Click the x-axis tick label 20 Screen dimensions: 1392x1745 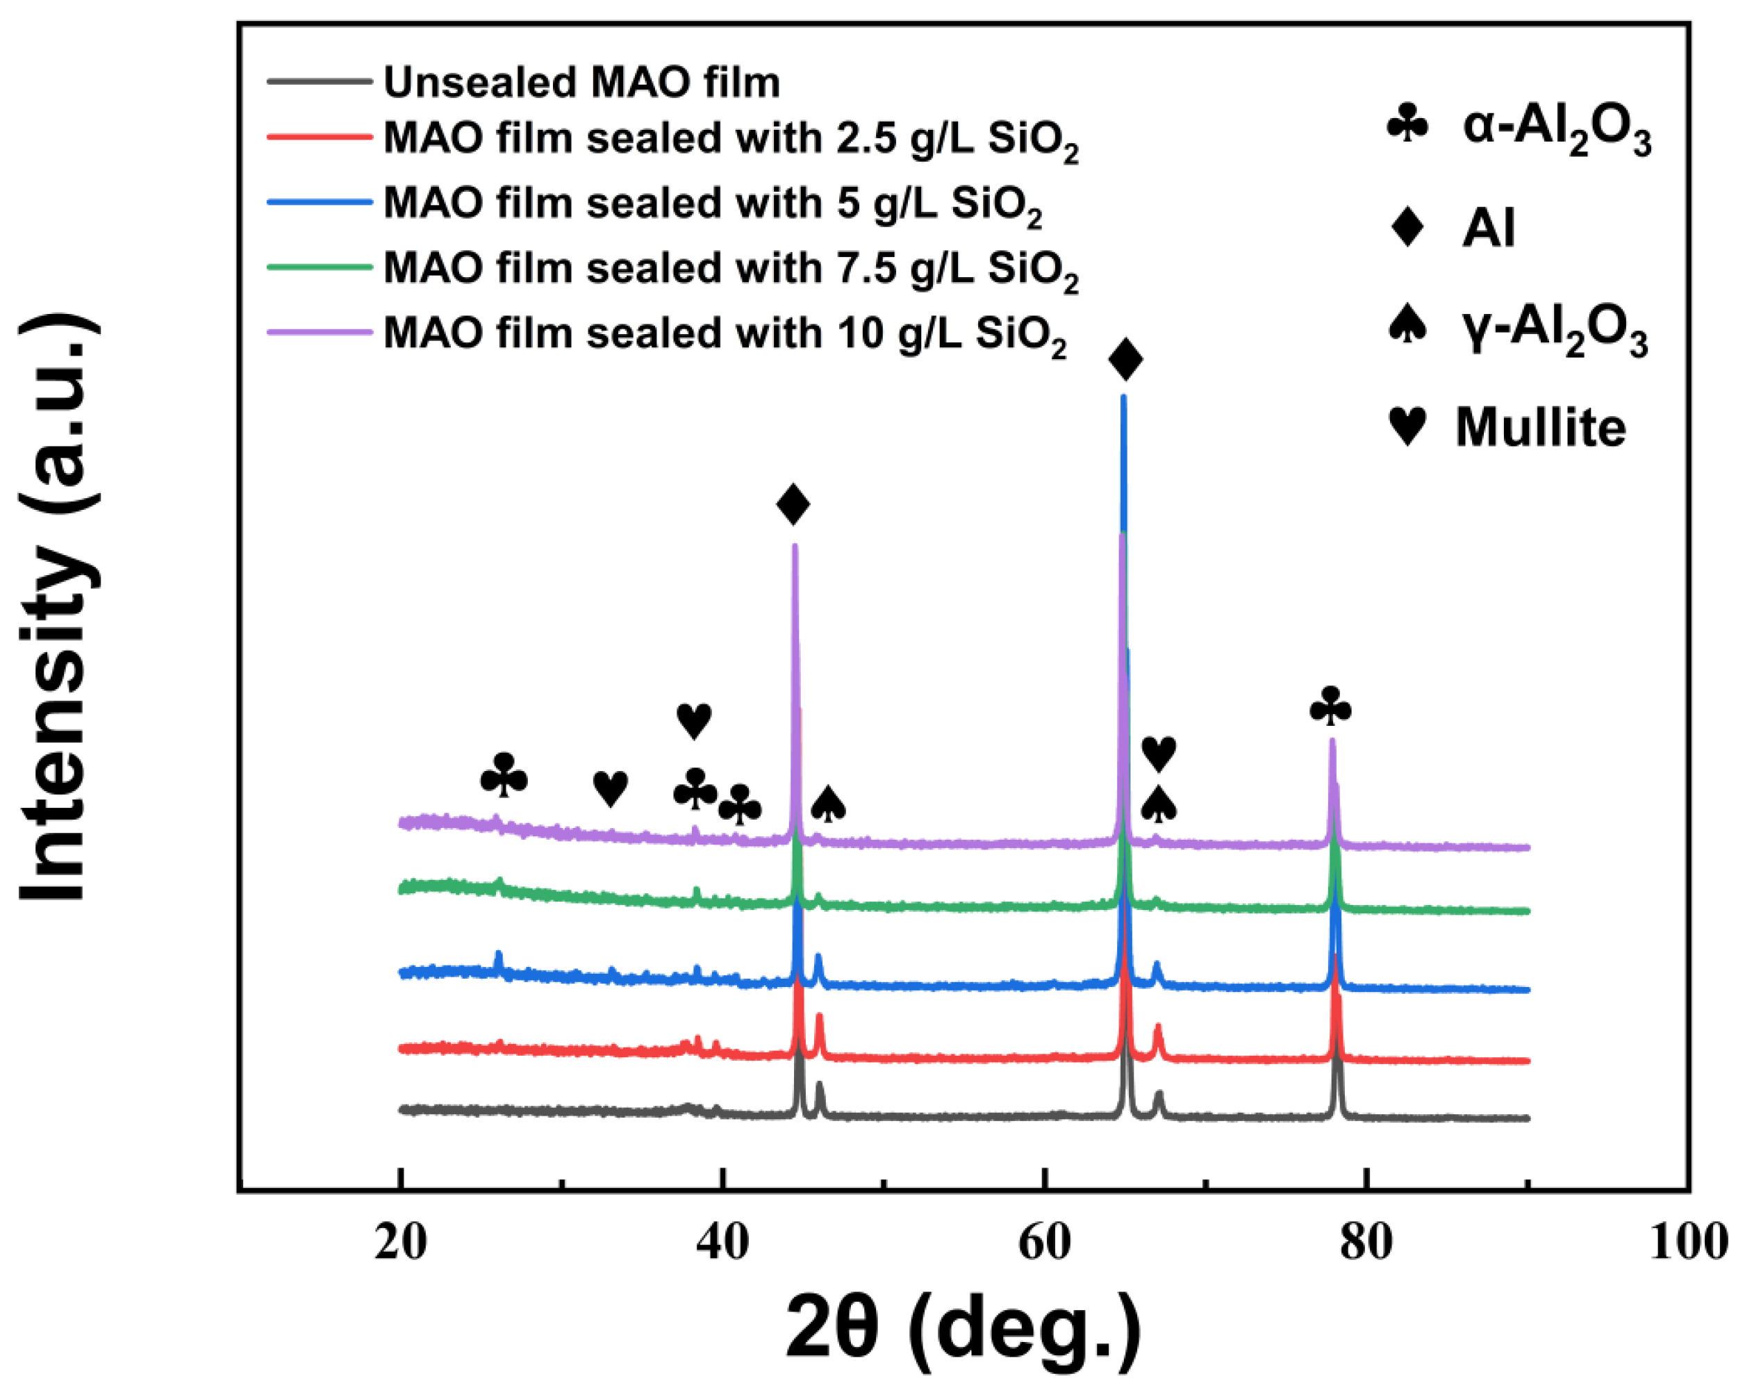400,1242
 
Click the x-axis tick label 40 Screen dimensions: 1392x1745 722,1242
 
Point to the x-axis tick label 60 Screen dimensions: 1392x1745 1044,1242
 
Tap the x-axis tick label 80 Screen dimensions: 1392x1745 1366,1242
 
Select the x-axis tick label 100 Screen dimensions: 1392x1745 1688,1242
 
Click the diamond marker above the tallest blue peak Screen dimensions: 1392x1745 1125,359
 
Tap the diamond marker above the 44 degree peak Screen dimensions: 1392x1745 793,505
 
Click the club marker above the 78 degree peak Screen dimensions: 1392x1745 1330,706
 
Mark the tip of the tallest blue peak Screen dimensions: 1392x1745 1123,397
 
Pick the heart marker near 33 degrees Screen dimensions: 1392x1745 611,788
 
